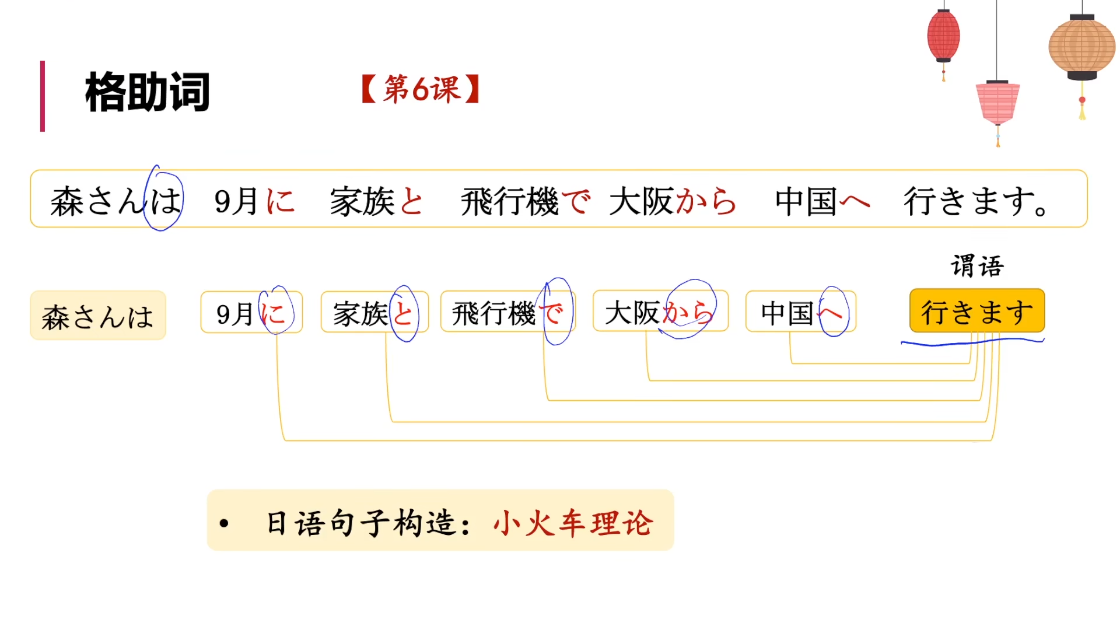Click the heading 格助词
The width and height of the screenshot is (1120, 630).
(x=147, y=92)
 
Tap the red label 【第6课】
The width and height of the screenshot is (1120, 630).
(x=421, y=89)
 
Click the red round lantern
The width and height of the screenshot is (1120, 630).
(x=943, y=35)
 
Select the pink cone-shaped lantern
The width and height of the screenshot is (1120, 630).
(x=998, y=103)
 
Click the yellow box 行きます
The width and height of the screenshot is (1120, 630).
(x=977, y=311)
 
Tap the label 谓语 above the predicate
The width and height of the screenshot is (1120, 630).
(x=977, y=266)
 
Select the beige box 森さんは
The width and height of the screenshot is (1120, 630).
(x=98, y=316)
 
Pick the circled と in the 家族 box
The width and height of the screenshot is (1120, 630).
(x=404, y=314)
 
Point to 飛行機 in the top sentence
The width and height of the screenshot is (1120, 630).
(x=509, y=202)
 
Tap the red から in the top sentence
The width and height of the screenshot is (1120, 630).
(x=706, y=202)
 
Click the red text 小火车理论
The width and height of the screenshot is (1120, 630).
(x=573, y=522)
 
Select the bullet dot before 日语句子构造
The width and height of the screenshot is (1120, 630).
(x=224, y=523)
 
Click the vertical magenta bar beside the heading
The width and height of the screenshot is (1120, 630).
(x=43, y=96)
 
